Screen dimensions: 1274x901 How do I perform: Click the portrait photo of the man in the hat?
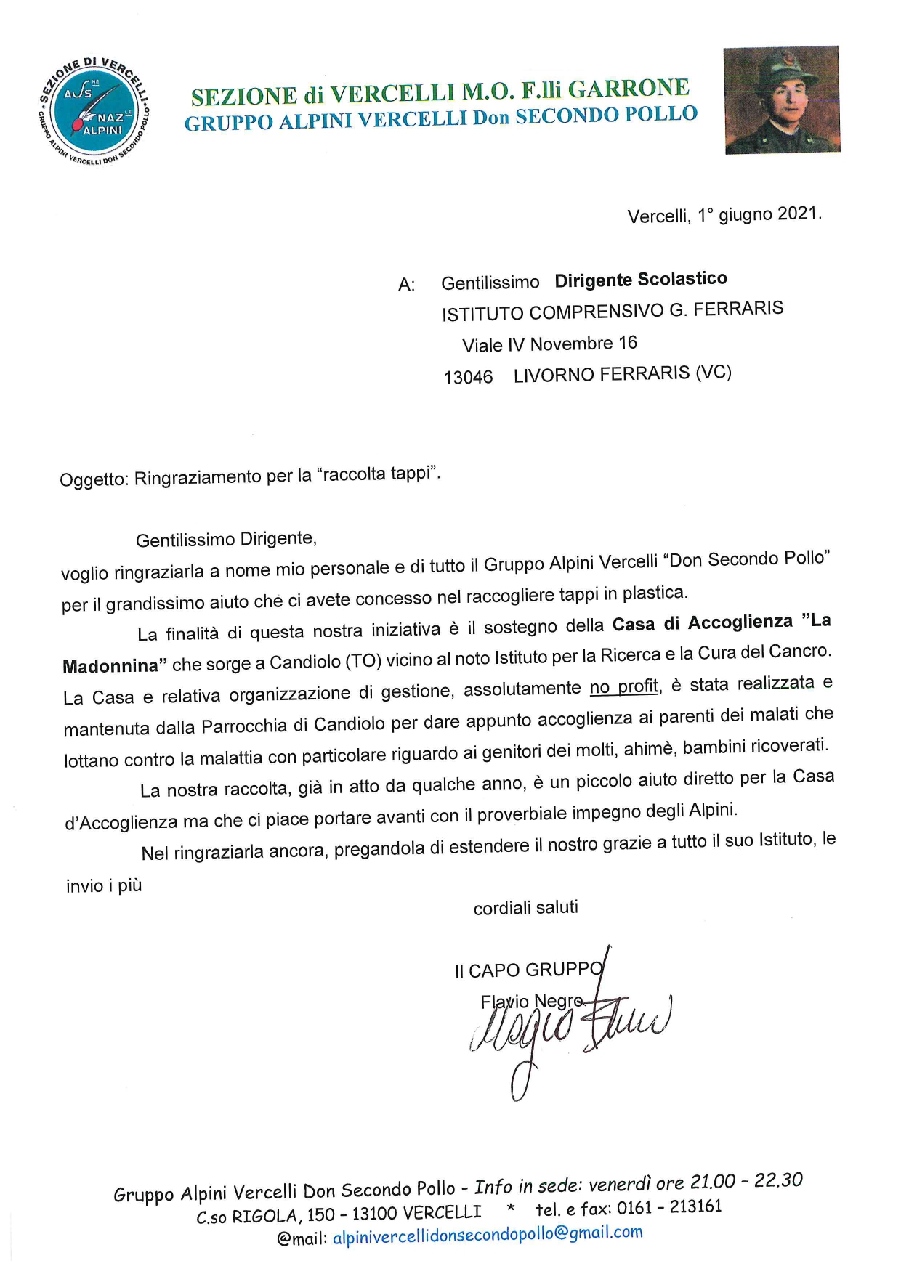click(782, 100)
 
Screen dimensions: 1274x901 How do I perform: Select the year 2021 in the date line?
click(799, 214)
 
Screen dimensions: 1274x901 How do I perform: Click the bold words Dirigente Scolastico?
click(641, 280)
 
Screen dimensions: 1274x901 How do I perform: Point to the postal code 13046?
click(468, 377)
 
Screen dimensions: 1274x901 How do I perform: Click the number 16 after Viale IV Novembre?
click(627, 342)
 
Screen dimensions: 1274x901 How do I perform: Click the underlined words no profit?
click(624, 686)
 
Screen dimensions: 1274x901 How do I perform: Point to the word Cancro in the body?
click(801, 651)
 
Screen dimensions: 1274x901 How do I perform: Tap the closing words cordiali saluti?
click(525, 907)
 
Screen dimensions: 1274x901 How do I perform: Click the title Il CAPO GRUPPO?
click(529, 970)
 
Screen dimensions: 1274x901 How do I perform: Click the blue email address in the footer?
click(488, 1234)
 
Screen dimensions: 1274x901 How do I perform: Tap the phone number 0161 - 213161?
click(669, 1208)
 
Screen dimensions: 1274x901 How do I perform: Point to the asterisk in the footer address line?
click(511, 1210)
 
